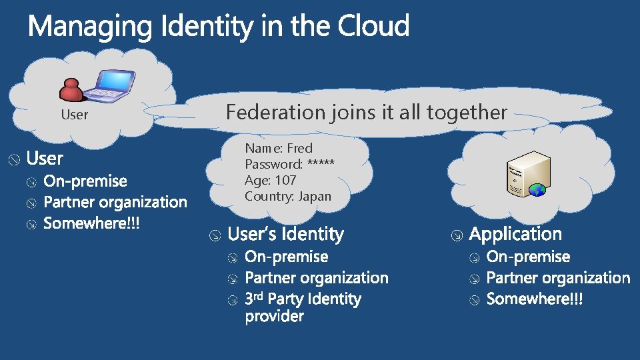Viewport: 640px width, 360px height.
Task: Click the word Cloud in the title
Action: [373, 27]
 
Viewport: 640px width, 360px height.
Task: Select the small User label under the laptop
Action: [74, 115]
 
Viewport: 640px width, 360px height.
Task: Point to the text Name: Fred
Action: [279, 148]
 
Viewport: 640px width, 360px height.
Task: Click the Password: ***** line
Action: [290, 164]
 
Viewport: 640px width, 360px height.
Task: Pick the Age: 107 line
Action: [271, 180]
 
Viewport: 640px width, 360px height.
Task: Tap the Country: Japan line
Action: [288, 196]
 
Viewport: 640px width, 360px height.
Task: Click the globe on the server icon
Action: [537, 190]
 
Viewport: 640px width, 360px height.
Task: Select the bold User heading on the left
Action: [45, 159]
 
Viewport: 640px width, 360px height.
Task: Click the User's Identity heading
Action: [286, 235]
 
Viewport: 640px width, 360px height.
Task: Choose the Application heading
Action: [515, 235]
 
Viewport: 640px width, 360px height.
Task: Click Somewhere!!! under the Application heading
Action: [535, 299]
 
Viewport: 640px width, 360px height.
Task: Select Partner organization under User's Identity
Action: [317, 278]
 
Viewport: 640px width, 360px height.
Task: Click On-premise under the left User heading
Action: [85, 181]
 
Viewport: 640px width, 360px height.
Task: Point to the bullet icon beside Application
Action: [457, 235]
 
